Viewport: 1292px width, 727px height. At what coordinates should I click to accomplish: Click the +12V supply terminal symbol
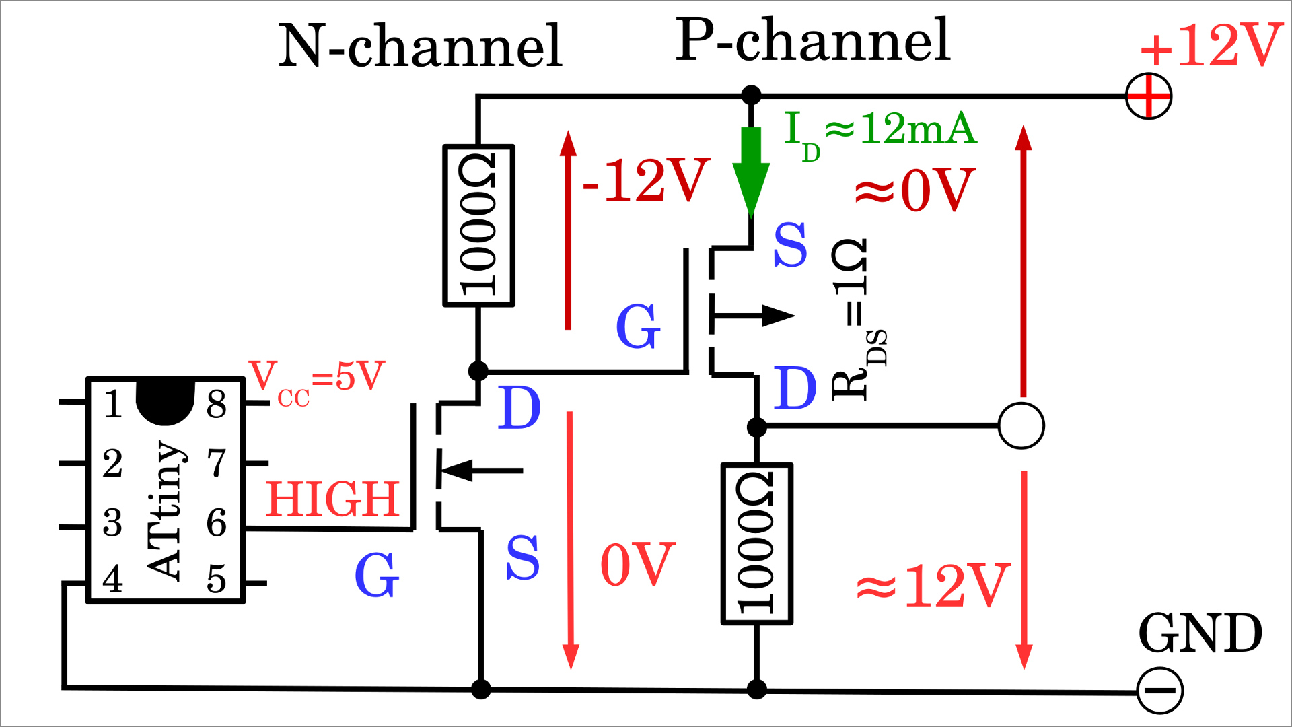click(1149, 96)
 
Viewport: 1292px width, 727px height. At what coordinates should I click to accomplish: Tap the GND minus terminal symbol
click(1160, 691)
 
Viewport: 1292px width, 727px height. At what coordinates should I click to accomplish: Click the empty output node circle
click(1021, 426)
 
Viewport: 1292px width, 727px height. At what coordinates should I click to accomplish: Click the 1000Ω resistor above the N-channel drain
click(478, 226)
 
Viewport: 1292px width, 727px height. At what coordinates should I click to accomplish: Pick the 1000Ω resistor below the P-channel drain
click(756, 544)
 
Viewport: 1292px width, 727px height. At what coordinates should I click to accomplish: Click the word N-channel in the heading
click(421, 46)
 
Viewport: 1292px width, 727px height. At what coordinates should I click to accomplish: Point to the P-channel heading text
click(813, 40)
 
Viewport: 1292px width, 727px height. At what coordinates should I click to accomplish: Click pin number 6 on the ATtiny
click(216, 523)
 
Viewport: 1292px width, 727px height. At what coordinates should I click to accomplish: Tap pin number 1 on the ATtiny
click(113, 405)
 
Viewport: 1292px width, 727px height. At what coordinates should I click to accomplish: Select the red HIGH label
click(332, 499)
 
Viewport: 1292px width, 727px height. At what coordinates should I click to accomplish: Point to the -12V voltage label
click(645, 180)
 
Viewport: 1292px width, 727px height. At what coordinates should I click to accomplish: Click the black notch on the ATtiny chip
click(165, 403)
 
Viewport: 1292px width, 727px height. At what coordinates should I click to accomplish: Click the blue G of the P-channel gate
click(638, 326)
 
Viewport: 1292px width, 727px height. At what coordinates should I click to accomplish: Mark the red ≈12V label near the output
click(933, 586)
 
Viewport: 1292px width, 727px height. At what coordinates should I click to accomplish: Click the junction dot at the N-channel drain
click(478, 371)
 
